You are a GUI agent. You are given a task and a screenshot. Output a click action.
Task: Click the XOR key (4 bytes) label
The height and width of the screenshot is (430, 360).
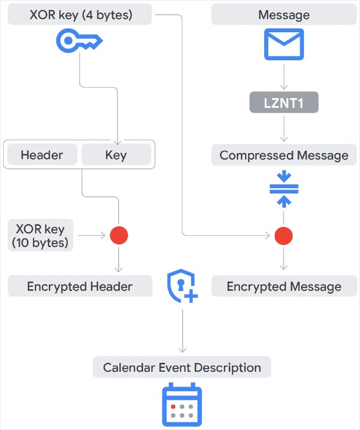(81, 15)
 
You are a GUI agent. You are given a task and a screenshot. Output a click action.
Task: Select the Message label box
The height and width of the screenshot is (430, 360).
(284, 15)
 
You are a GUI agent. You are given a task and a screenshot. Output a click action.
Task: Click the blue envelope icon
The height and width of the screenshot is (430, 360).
(284, 44)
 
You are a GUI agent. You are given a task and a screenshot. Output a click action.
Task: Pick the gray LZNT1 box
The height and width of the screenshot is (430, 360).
(284, 103)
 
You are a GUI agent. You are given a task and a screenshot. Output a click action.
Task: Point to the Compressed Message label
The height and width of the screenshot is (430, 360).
(284, 155)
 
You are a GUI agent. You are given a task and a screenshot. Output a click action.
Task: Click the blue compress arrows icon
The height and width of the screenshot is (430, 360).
(284, 189)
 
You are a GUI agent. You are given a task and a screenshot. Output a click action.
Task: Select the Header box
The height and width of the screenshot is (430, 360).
(42, 155)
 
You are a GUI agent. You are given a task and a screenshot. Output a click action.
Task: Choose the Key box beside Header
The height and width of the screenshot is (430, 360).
(116, 155)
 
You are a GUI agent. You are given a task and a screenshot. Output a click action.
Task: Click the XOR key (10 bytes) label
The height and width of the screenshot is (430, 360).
(40, 235)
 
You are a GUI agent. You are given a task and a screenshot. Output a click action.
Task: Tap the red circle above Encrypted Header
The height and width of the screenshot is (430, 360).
(119, 235)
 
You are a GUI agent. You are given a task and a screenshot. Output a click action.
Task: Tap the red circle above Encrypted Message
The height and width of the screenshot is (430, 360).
(284, 235)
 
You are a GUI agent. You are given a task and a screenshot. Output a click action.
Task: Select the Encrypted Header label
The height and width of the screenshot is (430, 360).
(80, 286)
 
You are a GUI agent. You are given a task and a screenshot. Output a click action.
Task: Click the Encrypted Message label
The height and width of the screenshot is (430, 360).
(284, 286)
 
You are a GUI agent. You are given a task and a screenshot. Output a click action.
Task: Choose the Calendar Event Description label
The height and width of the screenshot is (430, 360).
(182, 368)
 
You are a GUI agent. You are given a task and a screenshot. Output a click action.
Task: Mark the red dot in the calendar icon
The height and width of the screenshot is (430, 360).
(173, 406)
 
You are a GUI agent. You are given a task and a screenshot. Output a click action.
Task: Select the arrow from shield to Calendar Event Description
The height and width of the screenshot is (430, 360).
(182, 331)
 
